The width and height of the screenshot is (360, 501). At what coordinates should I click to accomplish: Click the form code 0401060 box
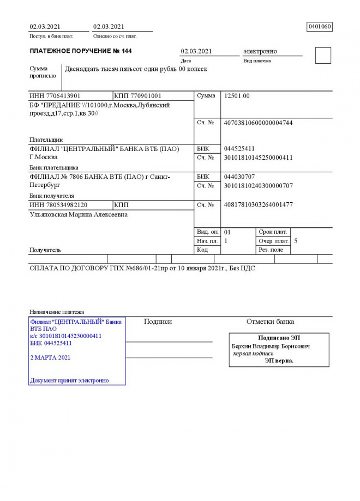pyautogui.click(x=320, y=27)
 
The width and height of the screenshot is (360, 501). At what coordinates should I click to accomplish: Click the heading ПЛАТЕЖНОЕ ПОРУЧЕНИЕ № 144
pyautogui.click(x=80, y=51)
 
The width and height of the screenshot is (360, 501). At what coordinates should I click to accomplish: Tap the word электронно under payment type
pyautogui.click(x=260, y=51)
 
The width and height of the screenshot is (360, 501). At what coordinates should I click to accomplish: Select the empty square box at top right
pyautogui.click(x=323, y=56)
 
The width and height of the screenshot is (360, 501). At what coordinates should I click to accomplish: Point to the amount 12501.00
pyautogui.click(x=237, y=96)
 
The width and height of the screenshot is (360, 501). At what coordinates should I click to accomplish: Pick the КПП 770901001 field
pyautogui.click(x=138, y=96)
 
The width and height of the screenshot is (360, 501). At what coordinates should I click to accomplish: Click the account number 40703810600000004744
pyautogui.click(x=258, y=123)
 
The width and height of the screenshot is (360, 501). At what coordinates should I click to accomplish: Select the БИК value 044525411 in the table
pyautogui.click(x=239, y=149)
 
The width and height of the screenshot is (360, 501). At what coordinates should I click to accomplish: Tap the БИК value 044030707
pyautogui.click(x=239, y=177)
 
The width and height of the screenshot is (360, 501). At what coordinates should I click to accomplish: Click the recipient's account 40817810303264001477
pyautogui.click(x=258, y=205)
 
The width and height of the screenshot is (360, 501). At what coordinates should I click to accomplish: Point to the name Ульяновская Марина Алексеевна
pyautogui.click(x=79, y=215)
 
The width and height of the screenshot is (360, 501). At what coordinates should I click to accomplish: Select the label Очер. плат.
pyautogui.click(x=274, y=241)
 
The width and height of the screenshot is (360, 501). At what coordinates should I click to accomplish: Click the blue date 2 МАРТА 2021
pyautogui.click(x=50, y=358)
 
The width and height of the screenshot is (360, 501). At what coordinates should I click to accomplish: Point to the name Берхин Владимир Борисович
pyautogui.click(x=271, y=346)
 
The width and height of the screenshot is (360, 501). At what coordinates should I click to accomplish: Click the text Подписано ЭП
pyautogui.click(x=279, y=338)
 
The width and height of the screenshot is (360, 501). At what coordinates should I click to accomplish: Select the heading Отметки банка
pyautogui.click(x=270, y=322)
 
